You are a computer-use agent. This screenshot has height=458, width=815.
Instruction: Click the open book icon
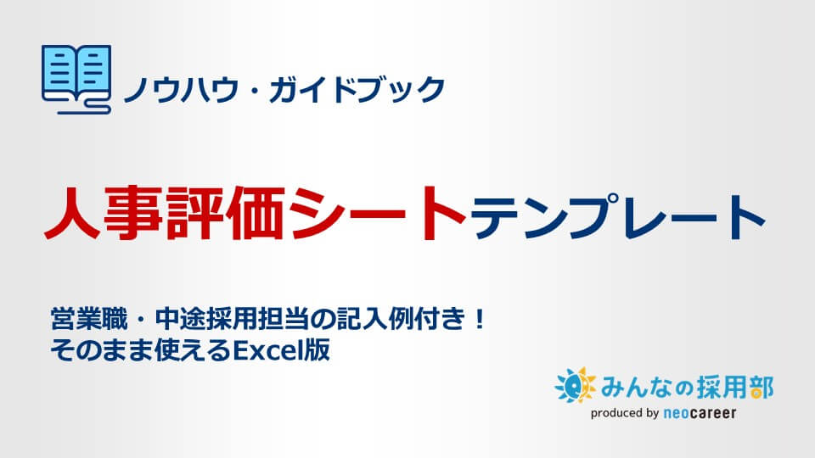click(76, 79)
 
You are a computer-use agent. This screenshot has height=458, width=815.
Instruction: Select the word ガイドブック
click(357, 89)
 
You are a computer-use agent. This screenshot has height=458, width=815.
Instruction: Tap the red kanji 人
click(72, 213)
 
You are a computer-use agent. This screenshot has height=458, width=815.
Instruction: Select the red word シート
click(378, 213)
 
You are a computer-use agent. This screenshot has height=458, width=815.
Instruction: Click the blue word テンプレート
click(617, 216)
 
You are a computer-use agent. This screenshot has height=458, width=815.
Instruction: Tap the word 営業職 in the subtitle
click(89, 319)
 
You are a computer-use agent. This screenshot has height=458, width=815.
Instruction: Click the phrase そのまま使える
click(140, 350)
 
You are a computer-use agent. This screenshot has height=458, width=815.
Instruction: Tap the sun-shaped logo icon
click(576, 385)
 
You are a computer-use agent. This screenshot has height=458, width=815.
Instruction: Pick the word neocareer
click(700, 413)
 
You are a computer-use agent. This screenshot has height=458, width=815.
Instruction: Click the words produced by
click(625, 413)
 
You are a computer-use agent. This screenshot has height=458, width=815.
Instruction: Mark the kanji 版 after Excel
click(318, 350)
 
